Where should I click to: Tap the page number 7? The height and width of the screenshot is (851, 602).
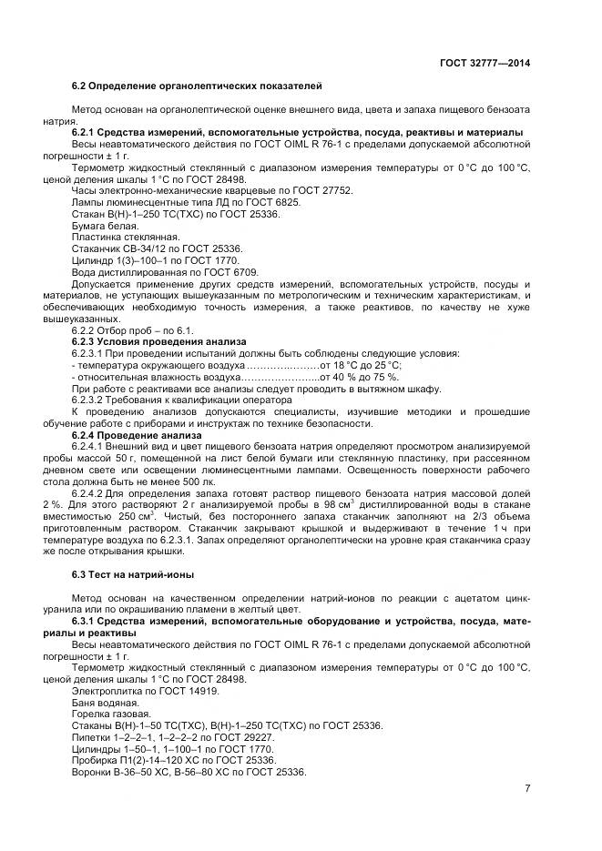(x=527, y=788)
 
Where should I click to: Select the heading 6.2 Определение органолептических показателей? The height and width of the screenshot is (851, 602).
(x=196, y=86)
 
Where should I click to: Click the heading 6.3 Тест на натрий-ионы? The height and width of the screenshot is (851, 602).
(x=133, y=575)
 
